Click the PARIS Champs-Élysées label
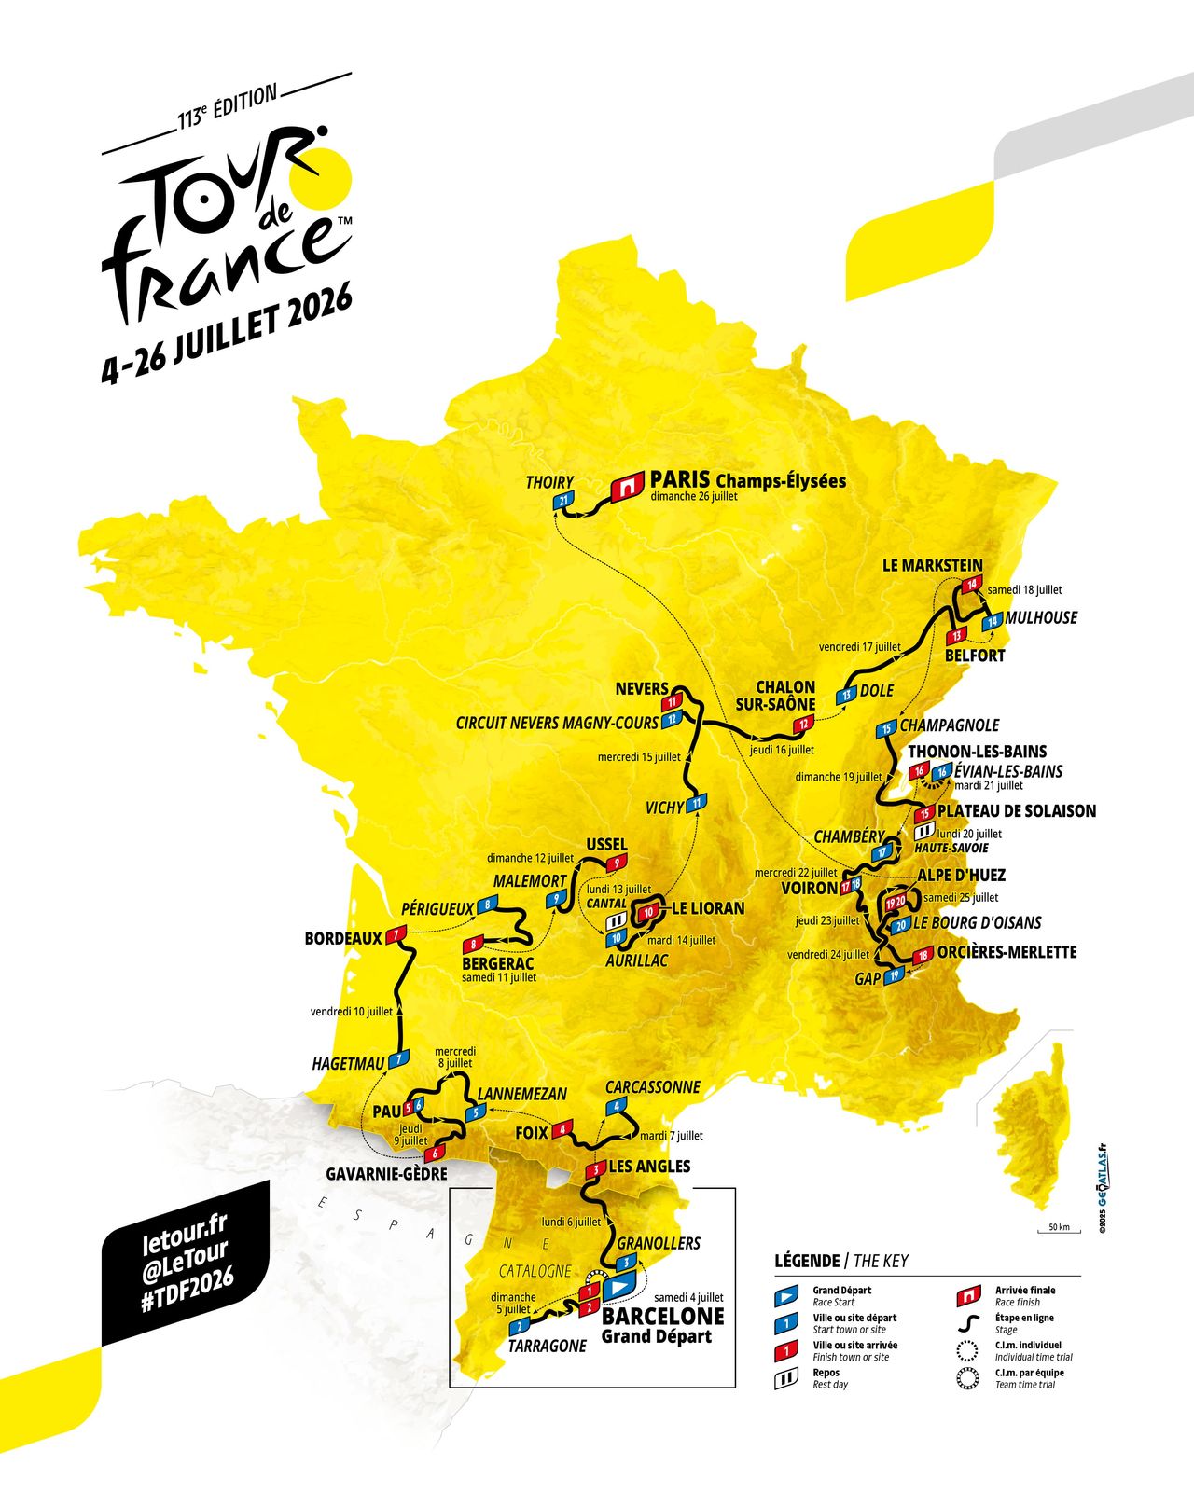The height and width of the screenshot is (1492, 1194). (x=747, y=480)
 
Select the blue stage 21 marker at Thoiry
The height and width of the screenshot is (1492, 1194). (x=563, y=502)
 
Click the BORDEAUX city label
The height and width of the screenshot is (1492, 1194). (x=343, y=939)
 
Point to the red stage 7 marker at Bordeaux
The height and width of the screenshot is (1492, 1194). (x=397, y=934)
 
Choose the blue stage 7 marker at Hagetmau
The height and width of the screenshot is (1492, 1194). (x=399, y=1059)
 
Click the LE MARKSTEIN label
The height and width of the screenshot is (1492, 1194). (x=932, y=565)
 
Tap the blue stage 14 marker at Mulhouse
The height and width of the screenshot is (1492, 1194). (x=993, y=621)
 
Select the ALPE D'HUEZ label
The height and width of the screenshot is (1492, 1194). (x=961, y=876)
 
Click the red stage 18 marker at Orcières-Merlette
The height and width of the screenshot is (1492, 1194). (x=923, y=955)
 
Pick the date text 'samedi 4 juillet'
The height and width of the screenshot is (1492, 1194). (x=688, y=1297)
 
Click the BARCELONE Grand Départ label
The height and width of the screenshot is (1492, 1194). (x=662, y=1325)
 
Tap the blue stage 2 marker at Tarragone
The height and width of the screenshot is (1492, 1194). (x=519, y=1325)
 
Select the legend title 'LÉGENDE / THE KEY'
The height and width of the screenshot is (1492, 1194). (x=840, y=1261)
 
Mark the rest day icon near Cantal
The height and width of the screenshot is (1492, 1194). (x=615, y=921)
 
